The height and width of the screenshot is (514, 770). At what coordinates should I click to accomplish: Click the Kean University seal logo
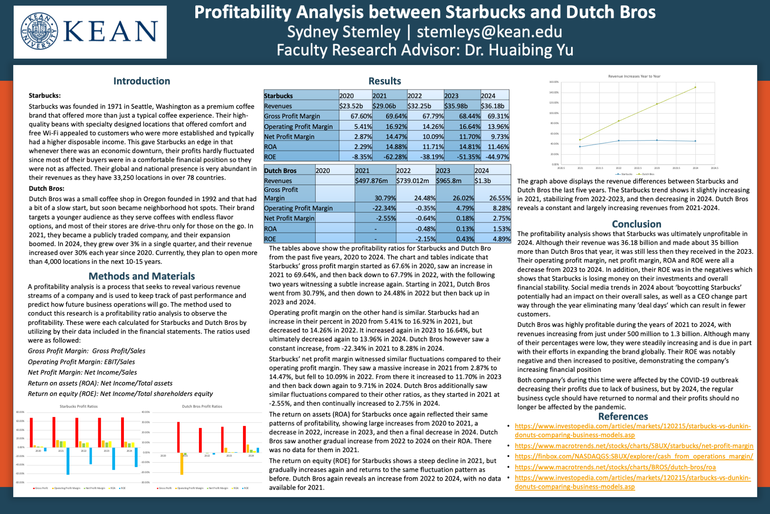coord(39,31)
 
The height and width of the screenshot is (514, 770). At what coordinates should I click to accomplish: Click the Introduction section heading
coord(142,81)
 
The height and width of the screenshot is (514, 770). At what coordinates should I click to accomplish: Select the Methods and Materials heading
coord(142,276)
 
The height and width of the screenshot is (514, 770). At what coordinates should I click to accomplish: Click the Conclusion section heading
coord(636,224)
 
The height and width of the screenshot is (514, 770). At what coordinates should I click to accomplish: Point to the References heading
coord(623,416)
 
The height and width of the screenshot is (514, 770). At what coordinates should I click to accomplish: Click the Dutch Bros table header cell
coord(280,171)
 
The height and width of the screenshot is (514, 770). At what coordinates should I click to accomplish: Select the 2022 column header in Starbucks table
coord(415,96)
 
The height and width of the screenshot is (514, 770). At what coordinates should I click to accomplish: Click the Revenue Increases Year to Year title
coord(634,76)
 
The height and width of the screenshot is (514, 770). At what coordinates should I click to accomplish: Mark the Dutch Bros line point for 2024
coord(695,87)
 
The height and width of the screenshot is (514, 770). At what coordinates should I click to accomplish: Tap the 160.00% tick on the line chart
coord(553,82)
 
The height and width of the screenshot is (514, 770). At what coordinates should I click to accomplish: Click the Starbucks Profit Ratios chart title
coord(79,406)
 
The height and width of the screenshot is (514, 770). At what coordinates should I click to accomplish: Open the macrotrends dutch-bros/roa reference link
coord(615,467)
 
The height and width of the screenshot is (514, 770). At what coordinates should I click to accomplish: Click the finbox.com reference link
coord(634,456)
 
